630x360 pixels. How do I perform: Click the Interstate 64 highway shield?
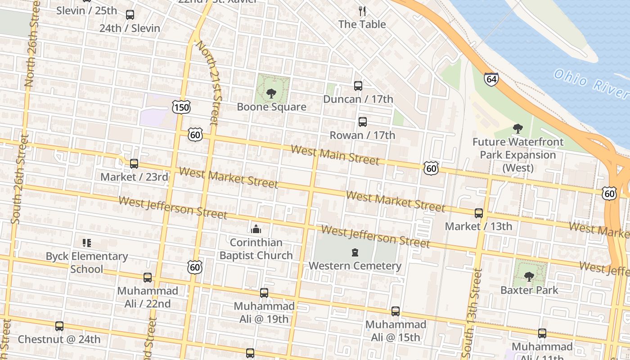pyautogui.click(x=491, y=79)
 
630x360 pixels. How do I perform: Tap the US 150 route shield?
pyautogui.click(x=181, y=107)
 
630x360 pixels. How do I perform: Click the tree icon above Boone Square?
pyautogui.click(x=271, y=93)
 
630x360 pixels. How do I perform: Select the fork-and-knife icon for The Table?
pyautogui.click(x=362, y=11)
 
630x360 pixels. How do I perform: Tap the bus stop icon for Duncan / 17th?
pyautogui.click(x=358, y=85)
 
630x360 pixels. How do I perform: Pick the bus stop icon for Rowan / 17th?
pyautogui.click(x=362, y=121)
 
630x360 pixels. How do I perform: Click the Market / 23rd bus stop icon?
pyautogui.click(x=134, y=163)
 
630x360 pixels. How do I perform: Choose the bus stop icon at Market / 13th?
pyautogui.click(x=479, y=213)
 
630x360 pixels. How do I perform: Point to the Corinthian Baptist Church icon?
pyautogui.click(x=256, y=229)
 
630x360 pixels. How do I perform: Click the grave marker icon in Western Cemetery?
pyautogui.click(x=355, y=252)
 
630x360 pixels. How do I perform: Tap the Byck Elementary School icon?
pyautogui.click(x=87, y=243)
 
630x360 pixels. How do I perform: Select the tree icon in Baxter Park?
pyautogui.click(x=529, y=276)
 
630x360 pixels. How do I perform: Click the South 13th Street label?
pyautogui.click(x=472, y=310)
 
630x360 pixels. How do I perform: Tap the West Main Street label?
pyautogui.click(x=335, y=155)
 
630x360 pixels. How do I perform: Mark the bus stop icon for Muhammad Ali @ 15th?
pyautogui.click(x=396, y=311)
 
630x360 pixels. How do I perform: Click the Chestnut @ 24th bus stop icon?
pyautogui.click(x=59, y=326)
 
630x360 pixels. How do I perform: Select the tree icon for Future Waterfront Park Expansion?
pyautogui.click(x=518, y=129)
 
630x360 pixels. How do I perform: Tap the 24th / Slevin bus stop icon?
pyautogui.click(x=130, y=15)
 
